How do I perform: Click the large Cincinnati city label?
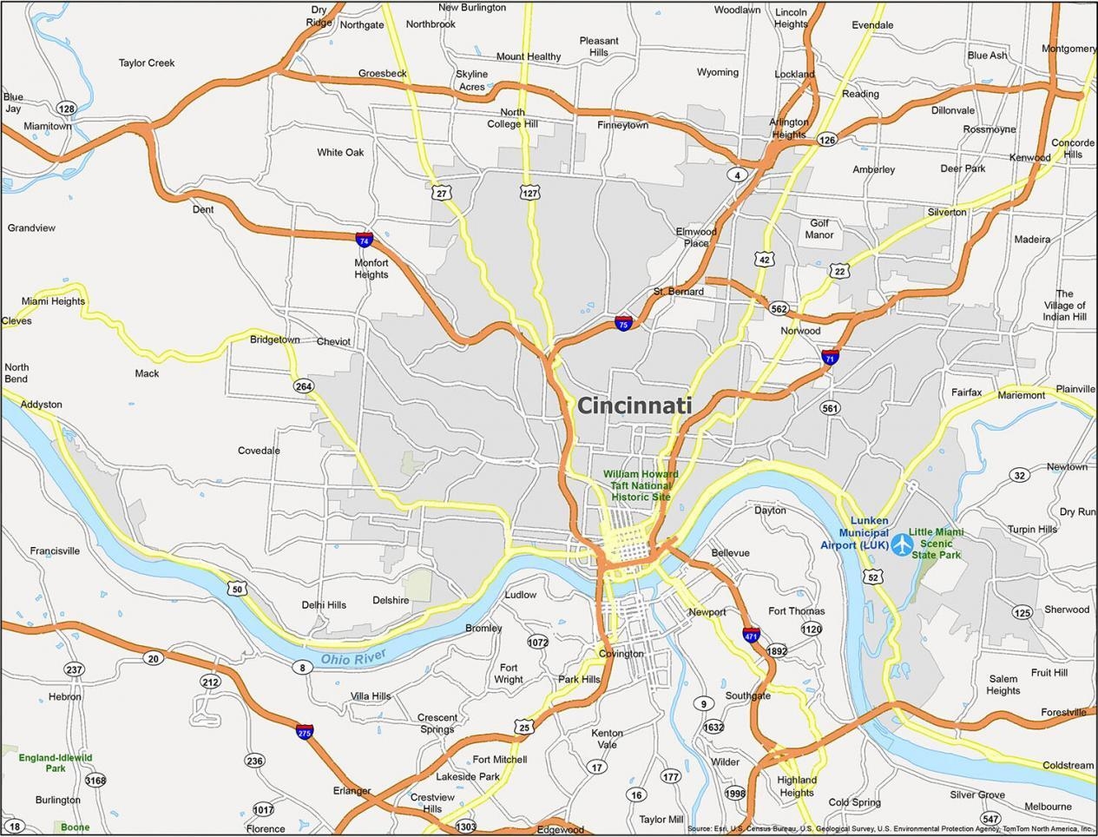(x=634, y=405)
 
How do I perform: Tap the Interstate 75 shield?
(x=623, y=323)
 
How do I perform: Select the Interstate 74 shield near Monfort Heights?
(x=364, y=240)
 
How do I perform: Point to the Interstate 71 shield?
(x=830, y=356)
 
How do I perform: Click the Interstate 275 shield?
(x=305, y=731)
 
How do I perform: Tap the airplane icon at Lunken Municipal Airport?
(x=902, y=544)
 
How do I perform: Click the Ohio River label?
(x=352, y=659)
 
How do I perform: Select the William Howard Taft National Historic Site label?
(x=641, y=485)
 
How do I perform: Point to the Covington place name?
(x=621, y=654)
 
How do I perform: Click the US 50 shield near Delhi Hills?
(x=237, y=589)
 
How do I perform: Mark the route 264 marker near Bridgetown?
(x=303, y=386)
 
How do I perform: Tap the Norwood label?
(x=800, y=331)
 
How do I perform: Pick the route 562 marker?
(x=779, y=309)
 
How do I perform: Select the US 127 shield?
(x=530, y=193)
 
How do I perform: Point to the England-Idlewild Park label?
(x=56, y=763)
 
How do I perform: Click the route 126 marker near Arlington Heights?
(x=826, y=140)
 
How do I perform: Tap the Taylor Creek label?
(x=147, y=63)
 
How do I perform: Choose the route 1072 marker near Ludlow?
(x=538, y=643)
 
